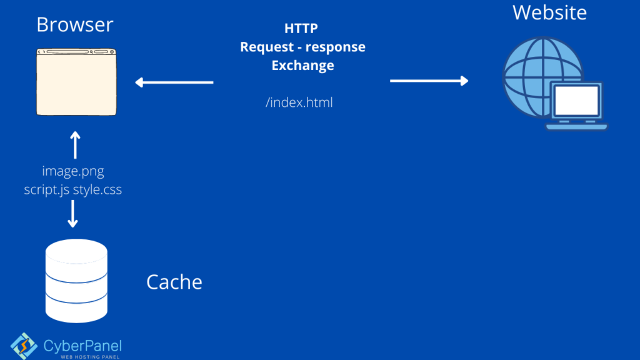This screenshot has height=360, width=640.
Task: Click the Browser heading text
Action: [75, 24]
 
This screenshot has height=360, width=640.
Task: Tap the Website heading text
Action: [549, 12]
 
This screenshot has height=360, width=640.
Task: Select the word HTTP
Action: [301, 28]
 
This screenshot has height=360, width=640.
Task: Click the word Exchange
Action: [303, 65]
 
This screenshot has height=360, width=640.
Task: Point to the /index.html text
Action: [299, 102]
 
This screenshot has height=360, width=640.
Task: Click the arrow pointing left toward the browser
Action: [174, 82]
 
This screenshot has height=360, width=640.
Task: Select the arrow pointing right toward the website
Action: [429, 81]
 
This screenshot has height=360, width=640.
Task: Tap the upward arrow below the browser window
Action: [75, 145]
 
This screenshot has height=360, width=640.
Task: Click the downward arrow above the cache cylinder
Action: [72, 214]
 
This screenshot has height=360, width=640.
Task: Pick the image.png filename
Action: [73, 171]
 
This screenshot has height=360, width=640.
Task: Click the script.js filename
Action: [46, 190]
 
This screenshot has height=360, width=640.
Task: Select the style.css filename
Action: [97, 189]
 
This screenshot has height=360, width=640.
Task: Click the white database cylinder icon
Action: [76, 281]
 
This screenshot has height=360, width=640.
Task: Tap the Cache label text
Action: [174, 282]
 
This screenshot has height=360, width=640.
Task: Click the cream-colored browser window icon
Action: [76, 82]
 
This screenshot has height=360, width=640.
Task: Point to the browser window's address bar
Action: [67, 52]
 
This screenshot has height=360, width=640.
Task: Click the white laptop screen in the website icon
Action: [577, 101]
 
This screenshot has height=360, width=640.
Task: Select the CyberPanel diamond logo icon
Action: [24, 346]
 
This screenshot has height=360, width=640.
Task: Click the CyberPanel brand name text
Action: [82, 346]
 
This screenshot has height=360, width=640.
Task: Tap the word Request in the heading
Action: [266, 47]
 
